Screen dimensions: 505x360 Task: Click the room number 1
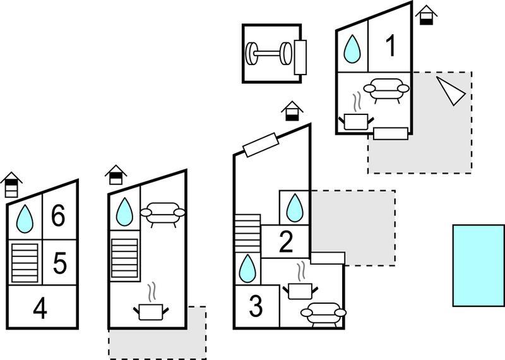(391, 45)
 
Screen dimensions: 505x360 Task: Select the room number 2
(286, 242)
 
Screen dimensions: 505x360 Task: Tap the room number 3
(256, 306)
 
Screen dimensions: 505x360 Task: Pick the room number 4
(40, 308)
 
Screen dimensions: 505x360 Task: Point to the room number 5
(59, 263)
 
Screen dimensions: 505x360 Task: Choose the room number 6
(58, 215)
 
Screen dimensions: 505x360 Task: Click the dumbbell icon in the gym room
(269, 53)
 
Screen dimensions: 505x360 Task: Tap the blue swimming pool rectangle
(478, 265)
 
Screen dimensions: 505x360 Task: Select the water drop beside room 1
(352, 49)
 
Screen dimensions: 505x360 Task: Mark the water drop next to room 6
(25, 219)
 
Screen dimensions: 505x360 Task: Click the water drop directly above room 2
(295, 208)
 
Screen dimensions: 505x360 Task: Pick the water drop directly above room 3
(247, 269)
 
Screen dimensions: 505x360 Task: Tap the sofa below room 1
(386, 90)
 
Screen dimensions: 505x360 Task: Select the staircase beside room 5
(25, 263)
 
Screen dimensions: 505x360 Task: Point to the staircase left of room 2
(247, 233)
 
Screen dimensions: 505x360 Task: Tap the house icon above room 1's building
(426, 15)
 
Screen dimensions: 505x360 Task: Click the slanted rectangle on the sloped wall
(260, 145)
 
